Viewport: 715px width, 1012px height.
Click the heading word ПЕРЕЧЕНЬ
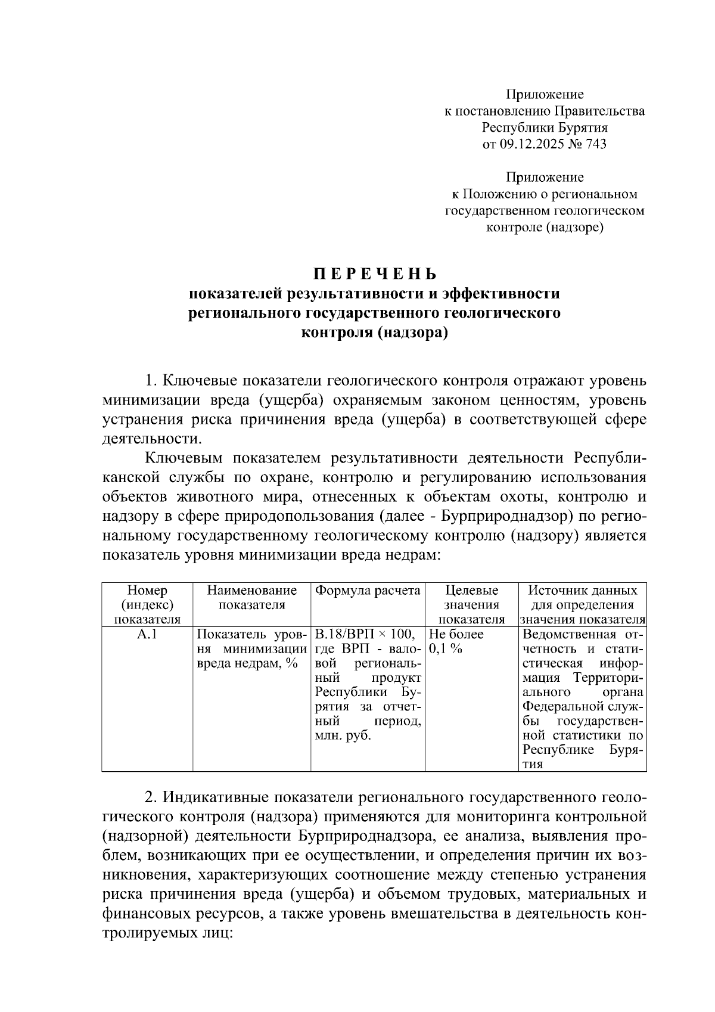click(x=375, y=274)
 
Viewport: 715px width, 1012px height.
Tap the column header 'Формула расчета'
click(x=368, y=591)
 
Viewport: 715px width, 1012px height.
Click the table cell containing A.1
click(x=147, y=635)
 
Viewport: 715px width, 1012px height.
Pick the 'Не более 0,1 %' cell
click(x=456, y=642)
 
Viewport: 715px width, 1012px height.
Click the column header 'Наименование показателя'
click(x=251, y=598)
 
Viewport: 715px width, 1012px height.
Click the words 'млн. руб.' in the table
click(x=343, y=735)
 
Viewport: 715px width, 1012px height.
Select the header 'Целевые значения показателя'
click(x=471, y=605)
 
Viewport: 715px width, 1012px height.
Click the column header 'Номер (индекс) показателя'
click(x=147, y=605)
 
